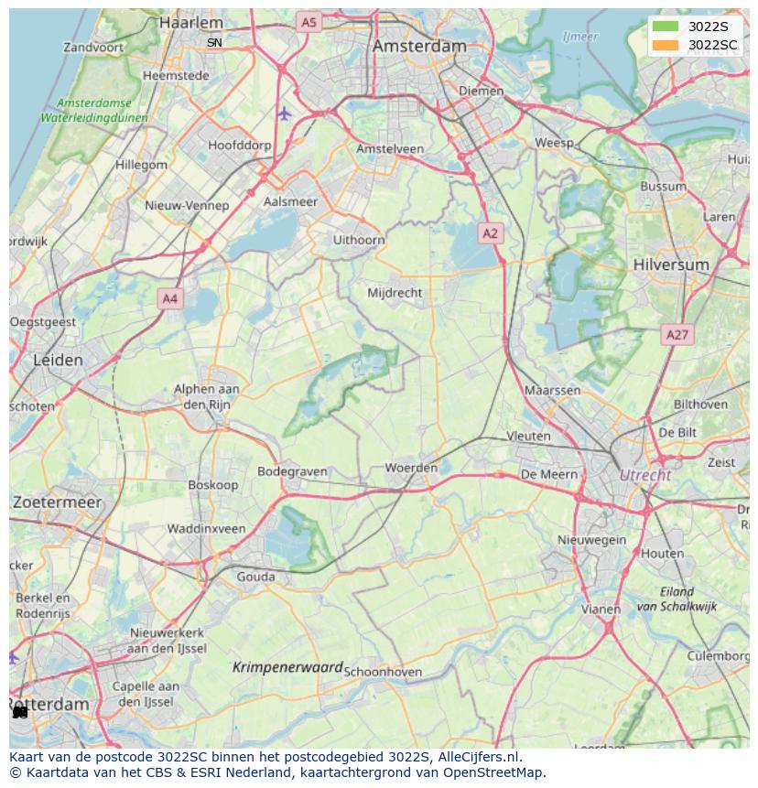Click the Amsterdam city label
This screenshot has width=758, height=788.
(x=419, y=46)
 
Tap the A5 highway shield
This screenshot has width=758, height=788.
(x=309, y=22)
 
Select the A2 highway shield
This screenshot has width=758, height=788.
(x=491, y=233)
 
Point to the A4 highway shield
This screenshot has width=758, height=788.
(x=169, y=298)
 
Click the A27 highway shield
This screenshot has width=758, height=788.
(x=677, y=335)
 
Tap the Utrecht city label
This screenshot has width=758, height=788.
(x=645, y=475)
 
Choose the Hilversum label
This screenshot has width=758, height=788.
(x=671, y=264)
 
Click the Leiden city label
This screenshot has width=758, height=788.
(x=58, y=360)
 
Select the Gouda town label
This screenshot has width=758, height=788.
(x=255, y=577)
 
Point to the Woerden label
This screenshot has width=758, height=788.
(x=411, y=468)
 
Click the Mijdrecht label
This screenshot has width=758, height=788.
(x=395, y=293)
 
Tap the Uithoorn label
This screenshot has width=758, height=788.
(x=359, y=240)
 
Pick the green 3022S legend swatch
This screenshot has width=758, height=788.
(x=666, y=27)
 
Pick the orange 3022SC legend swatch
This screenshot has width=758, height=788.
(x=666, y=45)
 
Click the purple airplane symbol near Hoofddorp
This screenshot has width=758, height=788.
(x=284, y=113)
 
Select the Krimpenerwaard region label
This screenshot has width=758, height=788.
(x=287, y=668)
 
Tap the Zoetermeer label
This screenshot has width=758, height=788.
(x=57, y=502)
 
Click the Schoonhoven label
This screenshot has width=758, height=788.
(x=383, y=672)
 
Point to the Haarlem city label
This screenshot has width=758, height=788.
(x=190, y=22)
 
